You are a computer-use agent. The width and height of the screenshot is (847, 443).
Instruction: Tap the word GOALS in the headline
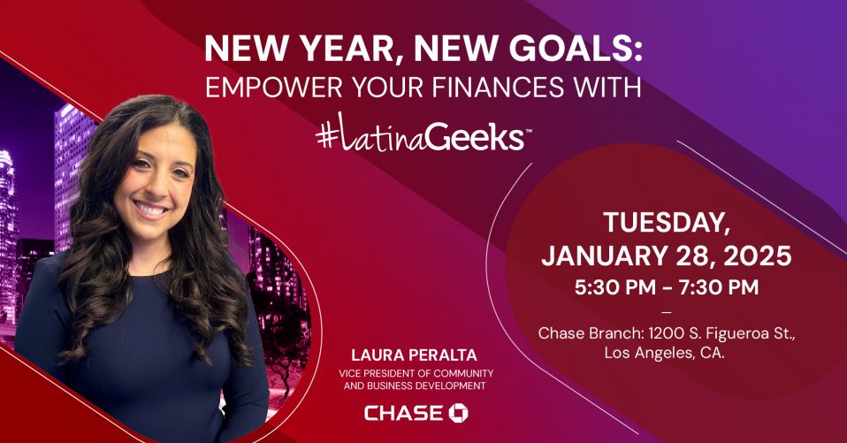(x=570, y=48)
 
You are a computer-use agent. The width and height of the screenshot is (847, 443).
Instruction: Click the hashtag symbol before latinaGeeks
(x=327, y=137)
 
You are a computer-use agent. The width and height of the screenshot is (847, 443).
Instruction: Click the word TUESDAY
(x=667, y=223)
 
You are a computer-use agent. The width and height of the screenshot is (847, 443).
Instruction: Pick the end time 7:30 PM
(x=719, y=286)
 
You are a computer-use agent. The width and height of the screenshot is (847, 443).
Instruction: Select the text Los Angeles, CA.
(x=664, y=354)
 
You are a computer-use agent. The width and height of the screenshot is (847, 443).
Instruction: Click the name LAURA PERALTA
(x=415, y=355)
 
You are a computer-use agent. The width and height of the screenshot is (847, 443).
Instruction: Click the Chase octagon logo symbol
(x=459, y=413)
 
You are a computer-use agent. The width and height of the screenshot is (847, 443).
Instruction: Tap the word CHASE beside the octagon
(x=404, y=413)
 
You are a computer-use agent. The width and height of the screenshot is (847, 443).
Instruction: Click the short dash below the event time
(x=667, y=312)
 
